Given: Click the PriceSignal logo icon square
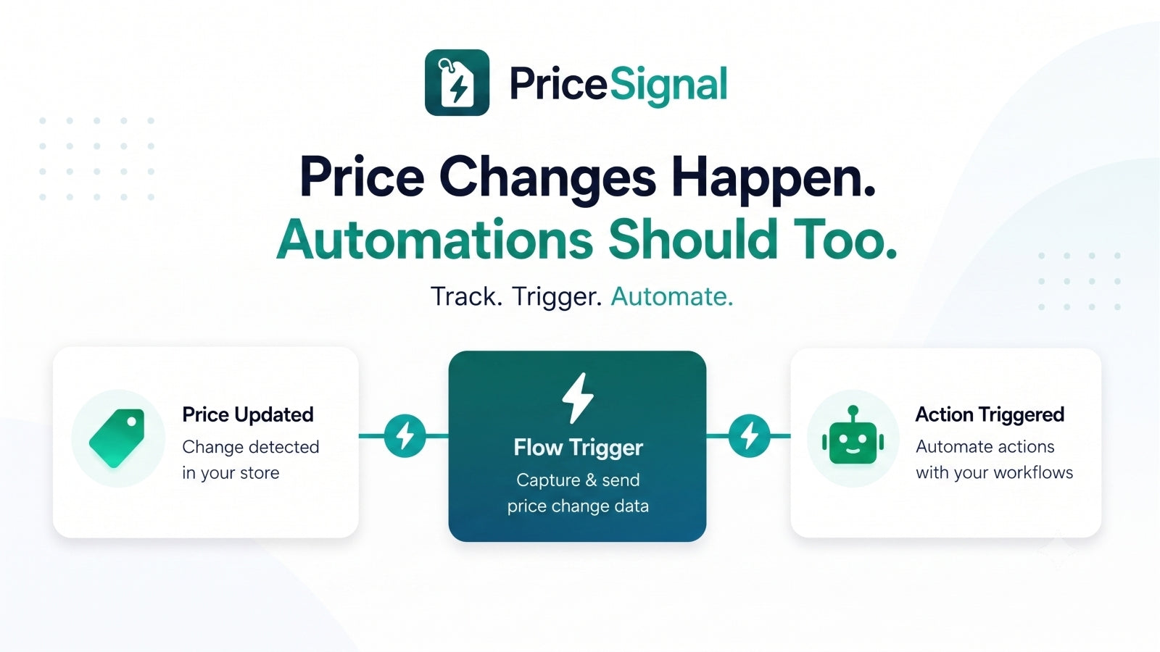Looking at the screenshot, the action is (457, 83).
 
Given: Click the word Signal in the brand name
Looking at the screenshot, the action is (668, 85).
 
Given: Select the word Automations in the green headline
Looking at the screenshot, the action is (434, 239).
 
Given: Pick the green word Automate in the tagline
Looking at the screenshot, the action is (671, 296).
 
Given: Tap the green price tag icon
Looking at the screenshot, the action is (117, 438).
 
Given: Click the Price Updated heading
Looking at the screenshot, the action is (247, 414).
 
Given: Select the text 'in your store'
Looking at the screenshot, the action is (231, 473).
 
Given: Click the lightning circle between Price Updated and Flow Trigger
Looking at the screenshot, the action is (405, 435).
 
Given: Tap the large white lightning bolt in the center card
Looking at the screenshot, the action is (578, 398).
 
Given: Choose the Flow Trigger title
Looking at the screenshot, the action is (578, 448).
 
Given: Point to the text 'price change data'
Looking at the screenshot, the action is (578, 506).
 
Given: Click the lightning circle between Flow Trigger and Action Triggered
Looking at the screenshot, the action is (750, 435).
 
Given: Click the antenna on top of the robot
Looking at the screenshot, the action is (853, 414).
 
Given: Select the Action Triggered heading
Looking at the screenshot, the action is (990, 414).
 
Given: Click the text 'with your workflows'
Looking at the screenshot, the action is (994, 473).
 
